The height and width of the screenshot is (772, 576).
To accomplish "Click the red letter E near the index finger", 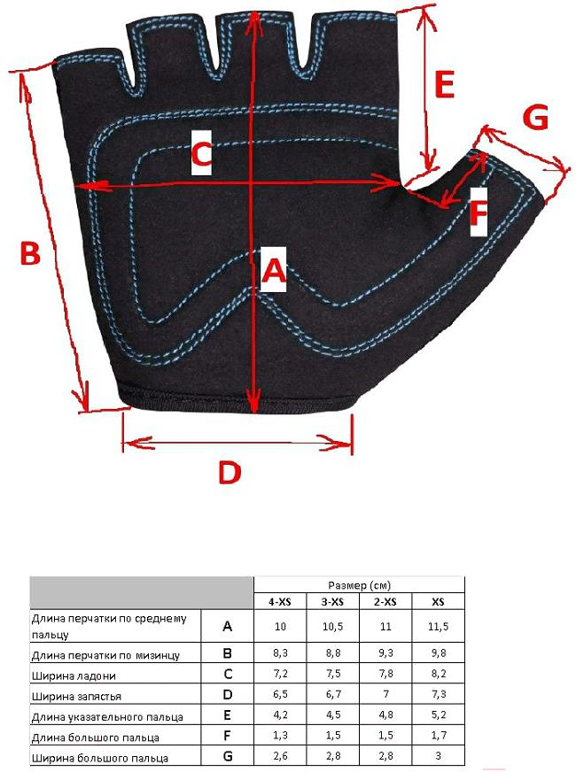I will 445,86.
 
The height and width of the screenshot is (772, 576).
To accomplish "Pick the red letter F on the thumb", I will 479,213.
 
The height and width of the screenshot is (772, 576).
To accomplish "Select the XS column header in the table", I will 438,602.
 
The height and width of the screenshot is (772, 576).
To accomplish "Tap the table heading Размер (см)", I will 359,585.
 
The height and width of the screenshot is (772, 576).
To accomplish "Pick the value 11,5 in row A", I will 438,627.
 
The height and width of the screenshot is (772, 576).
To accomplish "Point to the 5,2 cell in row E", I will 438,716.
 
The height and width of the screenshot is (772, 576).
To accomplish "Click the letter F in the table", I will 228,737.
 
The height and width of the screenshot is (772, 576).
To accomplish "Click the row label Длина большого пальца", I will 95,737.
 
